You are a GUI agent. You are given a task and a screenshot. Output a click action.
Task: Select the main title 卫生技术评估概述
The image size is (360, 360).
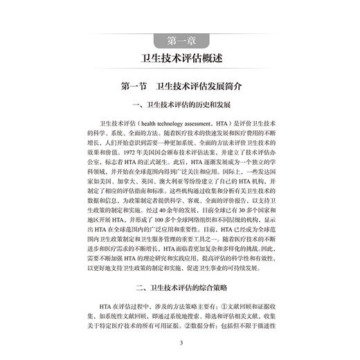pos(180,57)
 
